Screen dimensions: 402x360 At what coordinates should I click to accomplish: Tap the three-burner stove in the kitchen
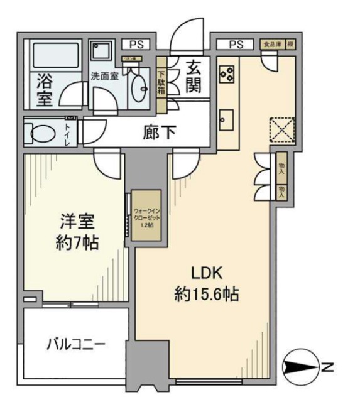click(226, 74)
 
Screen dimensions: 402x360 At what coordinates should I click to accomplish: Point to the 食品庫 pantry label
click(272, 44)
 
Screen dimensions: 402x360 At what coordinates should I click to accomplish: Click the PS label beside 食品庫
click(236, 44)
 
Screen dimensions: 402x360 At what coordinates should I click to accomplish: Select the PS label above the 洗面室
click(136, 44)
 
